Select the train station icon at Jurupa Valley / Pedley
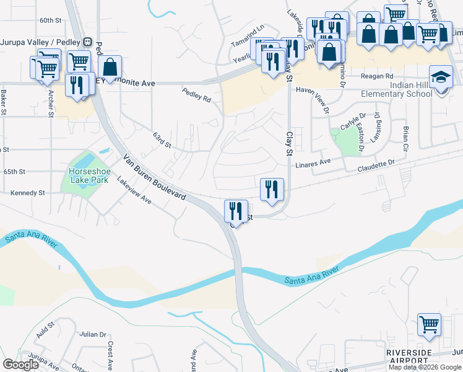[89, 42]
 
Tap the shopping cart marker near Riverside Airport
[428, 324]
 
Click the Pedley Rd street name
[197, 95]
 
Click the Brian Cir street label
[405, 138]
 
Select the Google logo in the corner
[21, 365]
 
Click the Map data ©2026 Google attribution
[425, 367]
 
